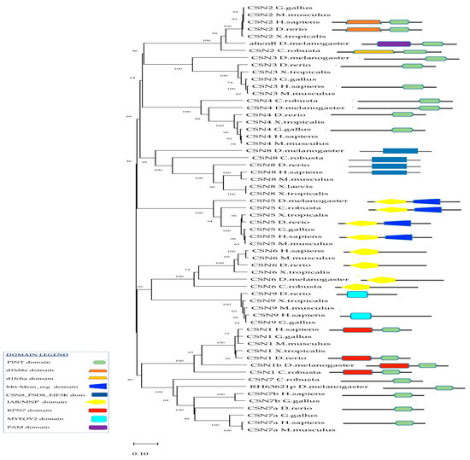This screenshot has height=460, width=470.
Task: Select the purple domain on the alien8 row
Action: (x=393, y=42)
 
